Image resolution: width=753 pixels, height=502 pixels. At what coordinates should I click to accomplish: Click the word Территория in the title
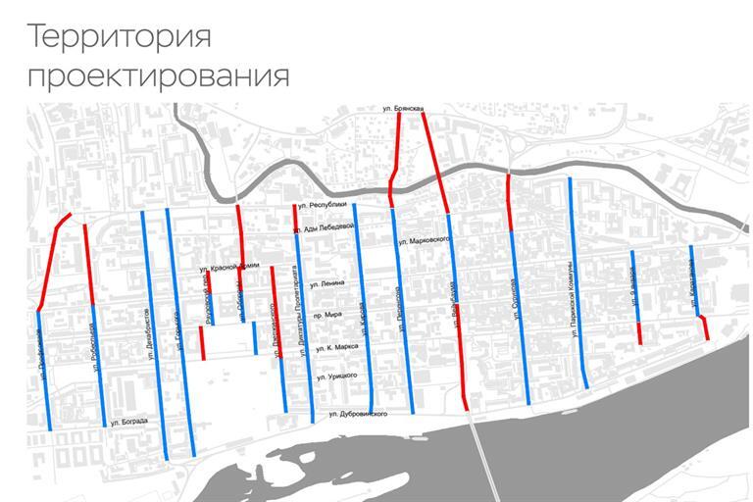(x=119, y=38)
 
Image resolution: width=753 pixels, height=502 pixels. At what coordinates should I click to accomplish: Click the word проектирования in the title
(x=158, y=76)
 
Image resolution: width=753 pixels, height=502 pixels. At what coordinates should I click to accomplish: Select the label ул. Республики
(x=324, y=205)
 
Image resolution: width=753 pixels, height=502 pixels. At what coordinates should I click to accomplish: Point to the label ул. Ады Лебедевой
(x=323, y=227)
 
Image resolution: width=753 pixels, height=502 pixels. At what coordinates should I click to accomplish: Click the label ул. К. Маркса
(x=336, y=347)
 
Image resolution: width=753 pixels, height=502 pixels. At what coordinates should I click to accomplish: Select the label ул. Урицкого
(x=334, y=376)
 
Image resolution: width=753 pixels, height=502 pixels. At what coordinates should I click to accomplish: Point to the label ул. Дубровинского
(x=358, y=414)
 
